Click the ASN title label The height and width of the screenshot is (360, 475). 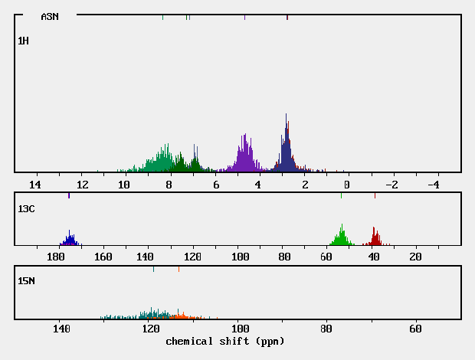tap(50, 16)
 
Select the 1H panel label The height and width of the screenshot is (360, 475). tap(23, 41)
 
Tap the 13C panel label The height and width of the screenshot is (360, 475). tap(26, 208)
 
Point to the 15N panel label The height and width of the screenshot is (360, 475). tap(26, 281)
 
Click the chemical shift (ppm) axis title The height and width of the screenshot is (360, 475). tap(224, 341)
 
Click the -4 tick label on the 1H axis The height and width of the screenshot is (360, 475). tap(432, 185)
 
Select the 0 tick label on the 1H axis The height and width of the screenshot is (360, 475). tap(346, 185)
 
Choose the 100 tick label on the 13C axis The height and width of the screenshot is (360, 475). tap(241, 257)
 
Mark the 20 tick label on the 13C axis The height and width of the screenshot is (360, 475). tap(415, 257)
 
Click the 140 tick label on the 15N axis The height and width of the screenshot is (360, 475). tap(61, 329)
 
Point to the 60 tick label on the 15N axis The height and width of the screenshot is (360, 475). tap(415, 329)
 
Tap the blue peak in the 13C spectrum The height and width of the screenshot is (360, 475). tap(70, 238)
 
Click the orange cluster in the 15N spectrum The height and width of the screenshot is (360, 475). tap(180, 316)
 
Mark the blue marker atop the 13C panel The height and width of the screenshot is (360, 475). tap(69, 196)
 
